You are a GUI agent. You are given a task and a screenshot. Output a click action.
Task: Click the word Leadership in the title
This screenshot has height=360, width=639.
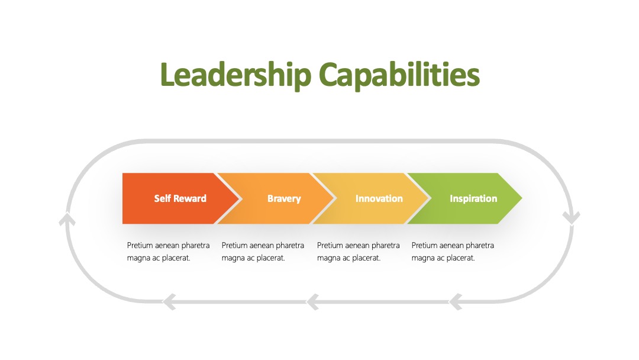click(236, 75)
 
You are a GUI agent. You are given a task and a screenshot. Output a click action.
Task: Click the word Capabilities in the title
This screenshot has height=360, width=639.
click(399, 75)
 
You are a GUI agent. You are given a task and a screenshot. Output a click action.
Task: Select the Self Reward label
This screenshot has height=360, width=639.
click(180, 198)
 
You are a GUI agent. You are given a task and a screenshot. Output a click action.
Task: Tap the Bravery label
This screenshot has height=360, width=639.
click(284, 199)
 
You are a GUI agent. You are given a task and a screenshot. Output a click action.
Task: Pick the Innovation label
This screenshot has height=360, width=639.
click(379, 198)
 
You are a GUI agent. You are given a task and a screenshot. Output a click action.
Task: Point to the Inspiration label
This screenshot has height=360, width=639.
click(473, 199)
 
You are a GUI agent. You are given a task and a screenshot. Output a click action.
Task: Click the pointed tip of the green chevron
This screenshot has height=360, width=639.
click(522, 198)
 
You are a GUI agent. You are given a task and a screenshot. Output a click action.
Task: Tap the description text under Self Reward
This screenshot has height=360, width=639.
click(168, 252)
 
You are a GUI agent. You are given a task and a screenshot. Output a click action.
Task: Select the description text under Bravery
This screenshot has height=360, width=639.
click(263, 252)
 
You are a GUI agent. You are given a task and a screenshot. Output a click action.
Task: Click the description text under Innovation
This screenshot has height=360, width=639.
click(358, 252)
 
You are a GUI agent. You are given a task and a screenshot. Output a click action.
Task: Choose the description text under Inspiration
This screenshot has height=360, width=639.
click(453, 252)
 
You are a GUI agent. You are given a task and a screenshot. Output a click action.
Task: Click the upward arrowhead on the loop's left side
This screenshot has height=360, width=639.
click(67, 219)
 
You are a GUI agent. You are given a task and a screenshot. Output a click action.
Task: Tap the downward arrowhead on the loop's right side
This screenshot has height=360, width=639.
click(572, 218)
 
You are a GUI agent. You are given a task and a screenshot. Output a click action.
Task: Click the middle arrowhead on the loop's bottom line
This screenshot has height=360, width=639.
click(312, 302)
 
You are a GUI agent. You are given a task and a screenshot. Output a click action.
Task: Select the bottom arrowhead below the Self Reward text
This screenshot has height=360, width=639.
click(169, 302)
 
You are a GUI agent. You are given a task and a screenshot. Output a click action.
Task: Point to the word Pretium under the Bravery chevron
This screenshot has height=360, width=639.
click(234, 246)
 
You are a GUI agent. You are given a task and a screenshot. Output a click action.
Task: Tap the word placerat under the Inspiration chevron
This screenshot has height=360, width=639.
click(460, 258)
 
